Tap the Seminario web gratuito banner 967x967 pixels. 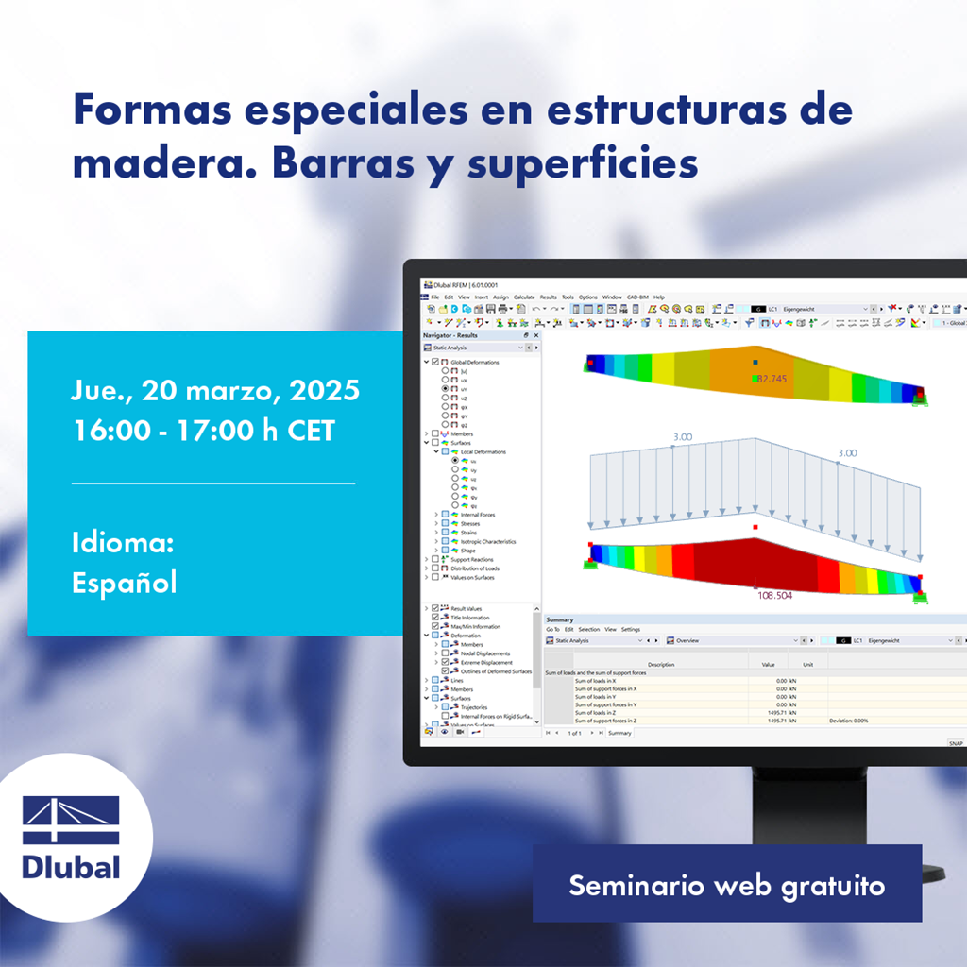pyautogui.click(x=726, y=885)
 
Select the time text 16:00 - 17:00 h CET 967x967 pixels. pyautogui.click(x=204, y=431)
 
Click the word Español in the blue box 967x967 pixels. pyautogui.click(x=124, y=582)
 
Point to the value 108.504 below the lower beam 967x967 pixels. pyautogui.click(x=774, y=596)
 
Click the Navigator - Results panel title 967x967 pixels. pyautogui.click(x=450, y=335)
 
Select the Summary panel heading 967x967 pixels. pyautogui.click(x=559, y=619)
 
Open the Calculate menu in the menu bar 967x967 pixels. pyautogui.click(x=524, y=297)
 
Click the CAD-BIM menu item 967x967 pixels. pyautogui.click(x=638, y=297)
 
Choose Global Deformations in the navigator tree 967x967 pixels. pyautogui.click(x=474, y=362)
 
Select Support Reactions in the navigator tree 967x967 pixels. pyautogui.click(x=471, y=560)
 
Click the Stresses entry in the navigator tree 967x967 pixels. pyautogui.click(x=469, y=523)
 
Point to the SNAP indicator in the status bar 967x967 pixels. pyautogui.click(x=956, y=744)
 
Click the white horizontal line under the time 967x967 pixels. pyautogui.click(x=213, y=483)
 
